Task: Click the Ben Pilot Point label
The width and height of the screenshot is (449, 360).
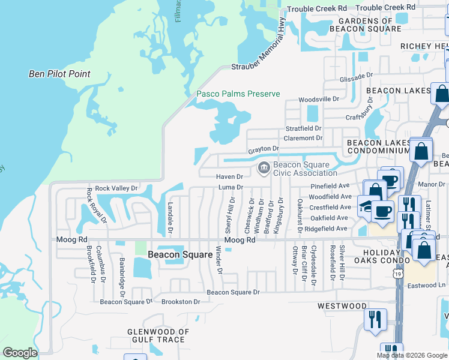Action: (59, 74)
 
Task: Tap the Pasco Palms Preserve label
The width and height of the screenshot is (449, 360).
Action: (238, 94)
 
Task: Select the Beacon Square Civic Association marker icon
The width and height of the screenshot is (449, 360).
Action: (263, 169)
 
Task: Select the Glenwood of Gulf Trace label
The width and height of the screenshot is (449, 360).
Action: (158, 335)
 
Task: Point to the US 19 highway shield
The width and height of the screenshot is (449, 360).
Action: (399, 274)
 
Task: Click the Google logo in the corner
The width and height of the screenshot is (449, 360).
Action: (20, 352)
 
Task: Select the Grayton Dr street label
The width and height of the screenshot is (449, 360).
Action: (264, 148)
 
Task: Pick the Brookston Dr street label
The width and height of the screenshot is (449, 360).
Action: (180, 302)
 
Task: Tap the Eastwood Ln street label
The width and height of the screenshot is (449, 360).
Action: (429, 287)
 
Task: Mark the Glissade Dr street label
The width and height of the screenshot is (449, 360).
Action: (357, 77)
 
